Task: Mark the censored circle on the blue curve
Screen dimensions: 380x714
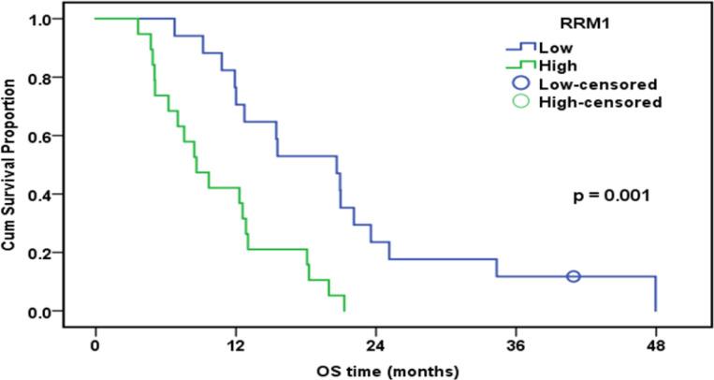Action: [574, 276]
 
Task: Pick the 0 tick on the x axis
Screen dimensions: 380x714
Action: [95, 344]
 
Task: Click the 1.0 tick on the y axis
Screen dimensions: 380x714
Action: [65, 20]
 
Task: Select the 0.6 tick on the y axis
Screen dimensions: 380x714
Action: [65, 137]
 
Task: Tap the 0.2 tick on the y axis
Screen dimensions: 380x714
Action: [65, 253]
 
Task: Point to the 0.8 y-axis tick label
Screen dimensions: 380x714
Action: [65, 78]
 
